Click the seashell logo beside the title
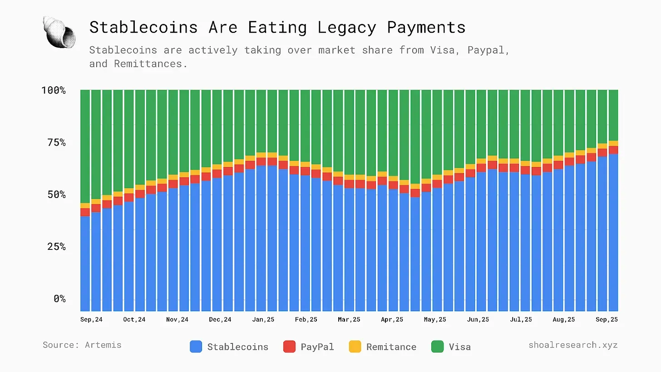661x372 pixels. (59, 32)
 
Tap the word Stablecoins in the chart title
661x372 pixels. (143, 27)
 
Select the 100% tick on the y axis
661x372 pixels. (54, 90)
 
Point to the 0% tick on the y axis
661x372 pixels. (59, 299)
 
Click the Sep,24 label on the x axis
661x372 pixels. (92, 320)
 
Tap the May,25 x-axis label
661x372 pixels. (435, 320)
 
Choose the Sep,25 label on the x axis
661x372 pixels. (607, 320)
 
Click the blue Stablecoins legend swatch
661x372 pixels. (196, 347)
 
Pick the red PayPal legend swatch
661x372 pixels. (289, 347)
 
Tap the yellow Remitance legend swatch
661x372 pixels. (355, 347)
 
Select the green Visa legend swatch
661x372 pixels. (437, 347)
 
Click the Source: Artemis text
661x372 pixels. (82, 345)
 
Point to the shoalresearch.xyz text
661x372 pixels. (573, 345)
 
